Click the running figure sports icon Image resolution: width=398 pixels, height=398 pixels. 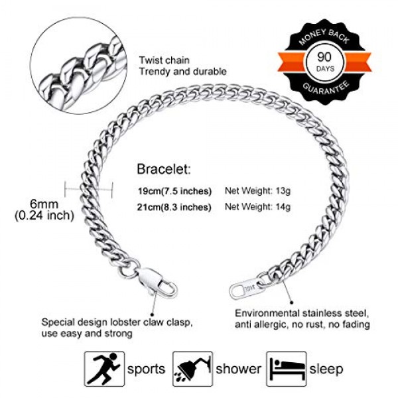pyautogui.click(x=103, y=368)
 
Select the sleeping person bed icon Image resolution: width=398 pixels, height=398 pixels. pyautogui.click(x=286, y=368)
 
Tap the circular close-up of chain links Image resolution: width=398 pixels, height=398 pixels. pyautogui.click(x=78, y=68)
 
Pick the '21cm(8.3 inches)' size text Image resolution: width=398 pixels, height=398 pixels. pyautogui.click(x=174, y=207)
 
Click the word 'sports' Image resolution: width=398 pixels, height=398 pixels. pyautogui.click(x=147, y=369)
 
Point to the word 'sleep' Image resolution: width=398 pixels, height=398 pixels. pyautogui.click(x=327, y=369)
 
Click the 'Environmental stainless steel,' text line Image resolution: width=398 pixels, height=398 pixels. pyautogui.click(x=302, y=312)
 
